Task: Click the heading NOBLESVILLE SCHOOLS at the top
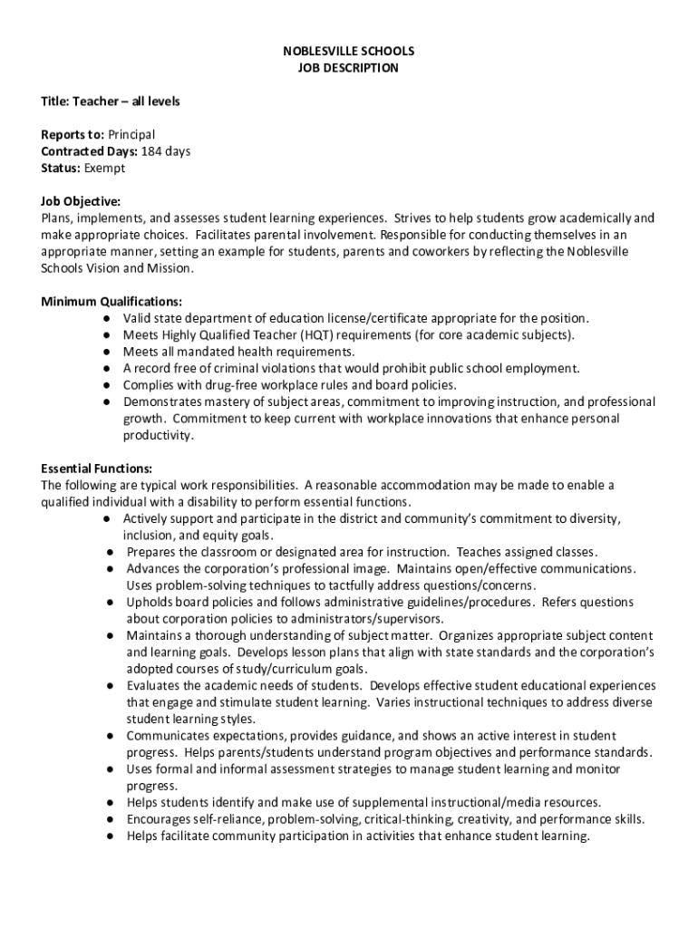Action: (348, 51)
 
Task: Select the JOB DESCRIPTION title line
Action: (348, 68)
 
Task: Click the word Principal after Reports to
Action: (131, 135)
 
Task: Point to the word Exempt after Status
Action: (104, 168)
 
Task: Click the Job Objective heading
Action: (81, 201)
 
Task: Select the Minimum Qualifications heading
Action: (111, 302)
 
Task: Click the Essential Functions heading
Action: (96, 469)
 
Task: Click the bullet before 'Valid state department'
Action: (107, 319)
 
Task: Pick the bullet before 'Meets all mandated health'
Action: (107, 352)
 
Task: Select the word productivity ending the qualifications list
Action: (159, 435)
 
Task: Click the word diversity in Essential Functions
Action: (594, 519)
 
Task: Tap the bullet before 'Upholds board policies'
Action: (107, 603)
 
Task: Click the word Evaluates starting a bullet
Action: (154, 686)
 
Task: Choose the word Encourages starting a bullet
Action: (160, 819)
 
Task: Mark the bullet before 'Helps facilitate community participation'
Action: (107, 836)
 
